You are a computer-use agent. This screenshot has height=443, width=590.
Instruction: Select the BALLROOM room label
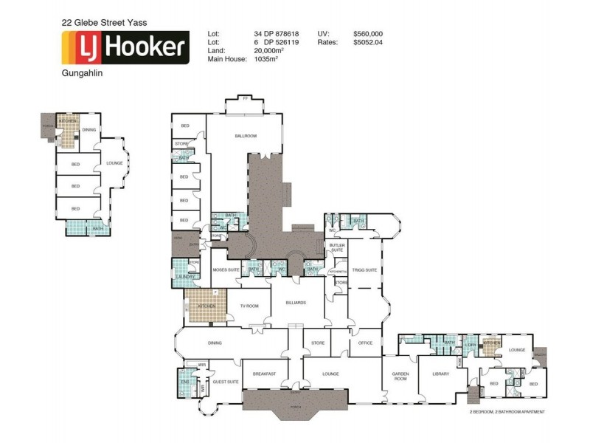click(245, 136)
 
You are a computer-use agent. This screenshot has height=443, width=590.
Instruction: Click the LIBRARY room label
click(440, 374)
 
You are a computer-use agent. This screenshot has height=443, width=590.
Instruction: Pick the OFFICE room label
click(365, 343)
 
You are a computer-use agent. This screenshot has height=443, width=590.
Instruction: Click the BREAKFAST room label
click(264, 374)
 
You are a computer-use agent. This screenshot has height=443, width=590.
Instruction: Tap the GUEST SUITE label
click(225, 382)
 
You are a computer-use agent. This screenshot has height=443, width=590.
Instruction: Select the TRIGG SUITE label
click(364, 270)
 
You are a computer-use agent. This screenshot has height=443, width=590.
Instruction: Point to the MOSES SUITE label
click(226, 270)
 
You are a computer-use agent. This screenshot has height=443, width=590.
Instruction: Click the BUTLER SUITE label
click(337, 248)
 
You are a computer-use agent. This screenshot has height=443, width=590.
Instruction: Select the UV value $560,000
click(367, 34)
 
